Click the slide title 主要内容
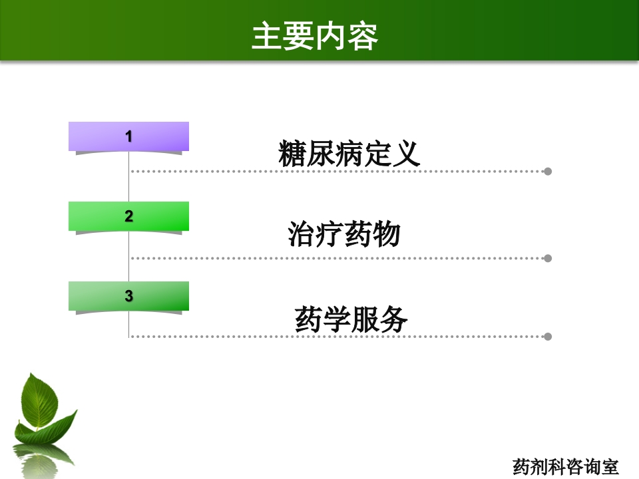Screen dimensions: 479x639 pyautogui.click(x=315, y=37)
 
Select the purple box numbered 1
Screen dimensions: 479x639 pyautogui.click(x=128, y=136)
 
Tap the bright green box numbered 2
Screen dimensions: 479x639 pyautogui.click(x=128, y=216)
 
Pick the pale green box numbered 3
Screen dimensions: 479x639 pyautogui.click(x=128, y=296)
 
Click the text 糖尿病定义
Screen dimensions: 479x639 pyautogui.click(x=349, y=154)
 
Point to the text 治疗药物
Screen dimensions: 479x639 pyautogui.click(x=344, y=234)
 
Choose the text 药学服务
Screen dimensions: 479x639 pyautogui.click(x=351, y=319)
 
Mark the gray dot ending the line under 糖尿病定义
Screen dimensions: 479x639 pyautogui.click(x=548, y=172)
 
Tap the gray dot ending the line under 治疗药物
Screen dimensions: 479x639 pyautogui.click(x=548, y=258)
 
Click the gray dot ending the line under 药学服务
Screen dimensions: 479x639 pyautogui.click(x=548, y=337)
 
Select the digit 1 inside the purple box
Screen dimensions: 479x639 pyautogui.click(x=128, y=136)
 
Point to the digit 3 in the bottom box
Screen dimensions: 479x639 pyautogui.click(x=128, y=296)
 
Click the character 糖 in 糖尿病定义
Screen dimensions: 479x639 pyautogui.click(x=293, y=154)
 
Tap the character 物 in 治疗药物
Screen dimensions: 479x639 pyautogui.click(x=387, y=234)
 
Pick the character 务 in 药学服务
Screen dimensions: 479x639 pyautogui.click(x=393, y=319)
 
